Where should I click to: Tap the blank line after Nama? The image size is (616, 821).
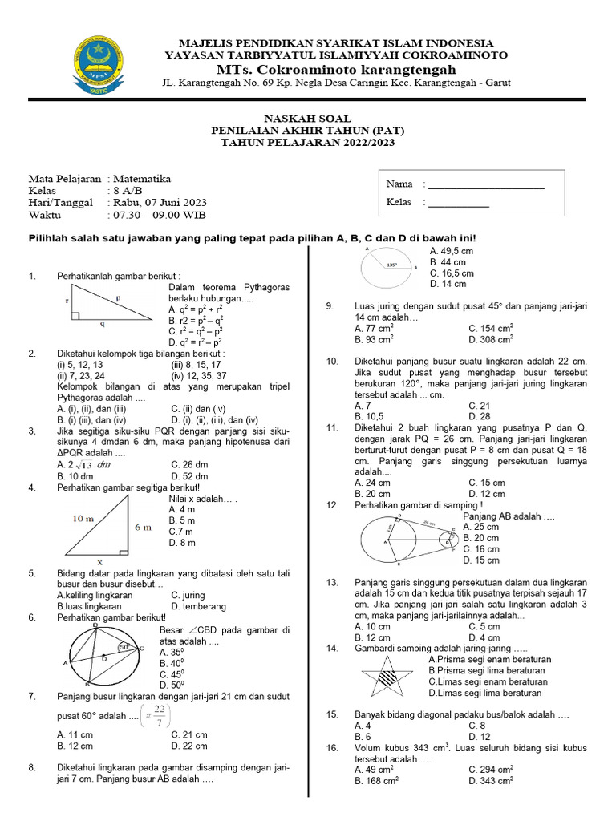tap(486, 188)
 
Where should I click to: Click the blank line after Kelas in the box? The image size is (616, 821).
tap(459, 206)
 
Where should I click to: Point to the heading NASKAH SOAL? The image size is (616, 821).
tap(309, 115)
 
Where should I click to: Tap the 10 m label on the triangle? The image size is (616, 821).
tap(83, 519)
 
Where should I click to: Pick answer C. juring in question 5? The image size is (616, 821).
tap(188, 595)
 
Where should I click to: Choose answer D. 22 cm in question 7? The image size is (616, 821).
tap(189, 746)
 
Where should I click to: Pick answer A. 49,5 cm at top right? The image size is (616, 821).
tap(452, 251)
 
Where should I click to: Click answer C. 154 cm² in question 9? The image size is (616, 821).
tap(491, 329)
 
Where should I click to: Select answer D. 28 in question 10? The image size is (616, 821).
tap(480, 416)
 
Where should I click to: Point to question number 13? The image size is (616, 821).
tap(332, 581)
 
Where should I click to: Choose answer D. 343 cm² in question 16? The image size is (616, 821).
tap(491, 780)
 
